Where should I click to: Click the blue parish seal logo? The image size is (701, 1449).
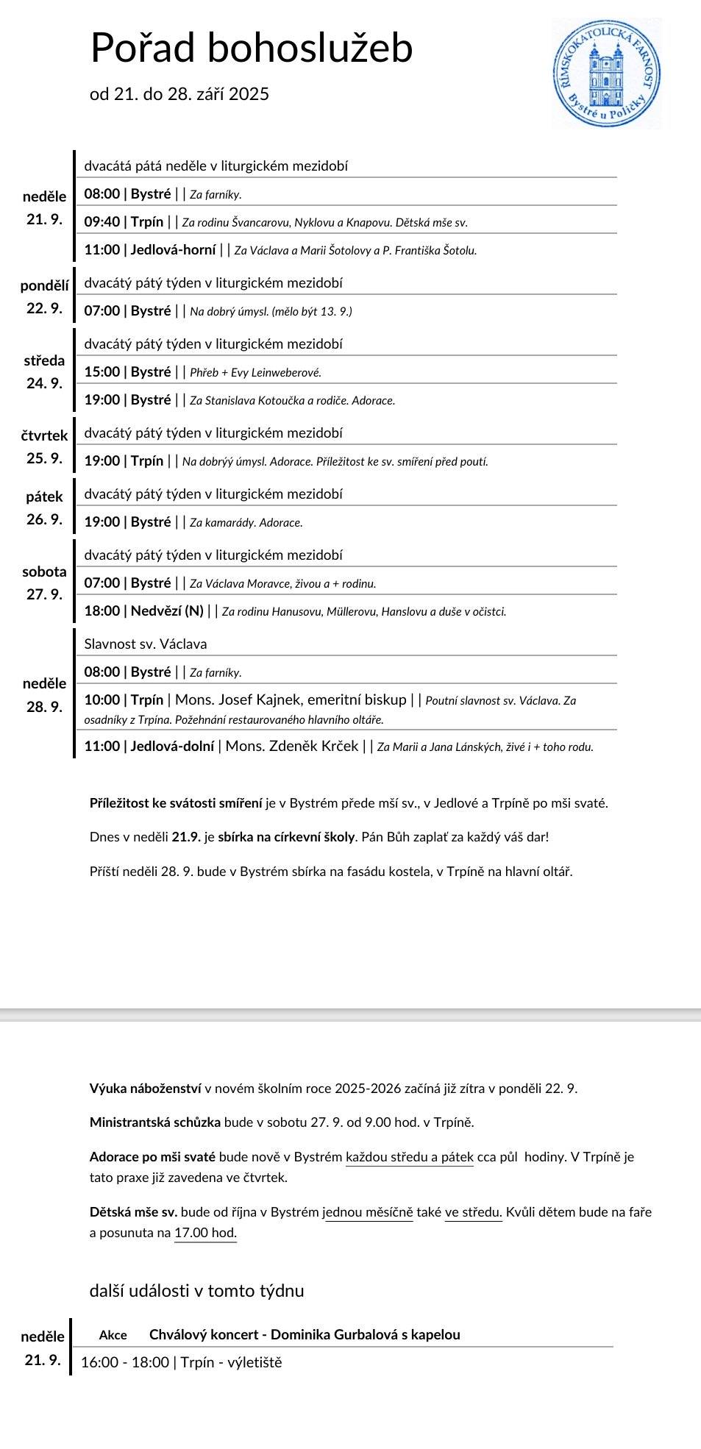[x=606, y=74]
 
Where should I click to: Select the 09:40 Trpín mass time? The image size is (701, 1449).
[x=102, y=222]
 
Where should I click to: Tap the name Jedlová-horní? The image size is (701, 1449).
[x=173, y=250]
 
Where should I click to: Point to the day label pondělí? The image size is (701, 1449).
[x=44, y=286]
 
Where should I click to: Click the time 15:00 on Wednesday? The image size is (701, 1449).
[x=102, y=372]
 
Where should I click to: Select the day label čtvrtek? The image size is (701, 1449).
[x=44, y=435]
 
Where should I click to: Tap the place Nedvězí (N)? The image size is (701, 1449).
[x=167, y=611]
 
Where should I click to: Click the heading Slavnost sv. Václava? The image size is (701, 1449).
[x=146, y=644]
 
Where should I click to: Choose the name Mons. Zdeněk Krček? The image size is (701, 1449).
[x=291, y=747]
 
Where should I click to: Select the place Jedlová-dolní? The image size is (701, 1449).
[x=172, y=747]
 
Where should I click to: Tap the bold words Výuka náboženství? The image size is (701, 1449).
[x=146, y=1089]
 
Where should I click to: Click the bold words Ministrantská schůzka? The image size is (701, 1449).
[x=155, y=1122]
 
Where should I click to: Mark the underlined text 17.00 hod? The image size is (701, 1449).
[x=205, y=1233]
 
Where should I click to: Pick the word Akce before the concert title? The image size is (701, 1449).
[x=113, y=1335]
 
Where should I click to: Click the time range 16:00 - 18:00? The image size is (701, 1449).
[x=124, y=1362]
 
